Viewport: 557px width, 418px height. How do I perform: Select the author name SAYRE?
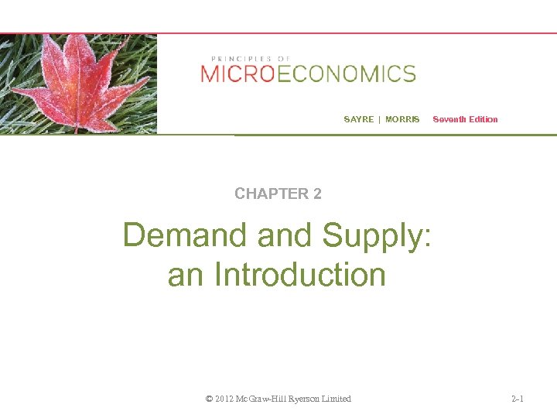tap(358, 119)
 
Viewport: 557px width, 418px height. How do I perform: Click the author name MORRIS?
tap(402, 119)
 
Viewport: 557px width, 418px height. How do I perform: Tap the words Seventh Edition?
tap(465, 119)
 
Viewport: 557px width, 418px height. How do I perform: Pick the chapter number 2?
tap(317, 194)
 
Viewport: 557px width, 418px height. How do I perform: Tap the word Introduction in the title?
tap(299, 275)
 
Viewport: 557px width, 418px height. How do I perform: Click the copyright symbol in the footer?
tap(209, 399)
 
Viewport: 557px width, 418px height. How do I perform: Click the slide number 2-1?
tap(518, 399)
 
